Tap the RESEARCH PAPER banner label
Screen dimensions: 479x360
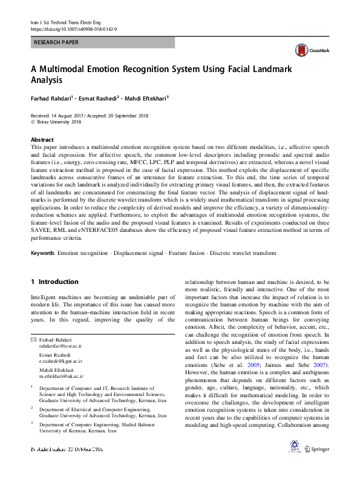tap(56, 43)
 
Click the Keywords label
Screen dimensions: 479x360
tap(42, 253)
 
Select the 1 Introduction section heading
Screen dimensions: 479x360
tap(54, 282)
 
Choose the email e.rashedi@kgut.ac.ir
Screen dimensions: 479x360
tap(61, 360)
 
